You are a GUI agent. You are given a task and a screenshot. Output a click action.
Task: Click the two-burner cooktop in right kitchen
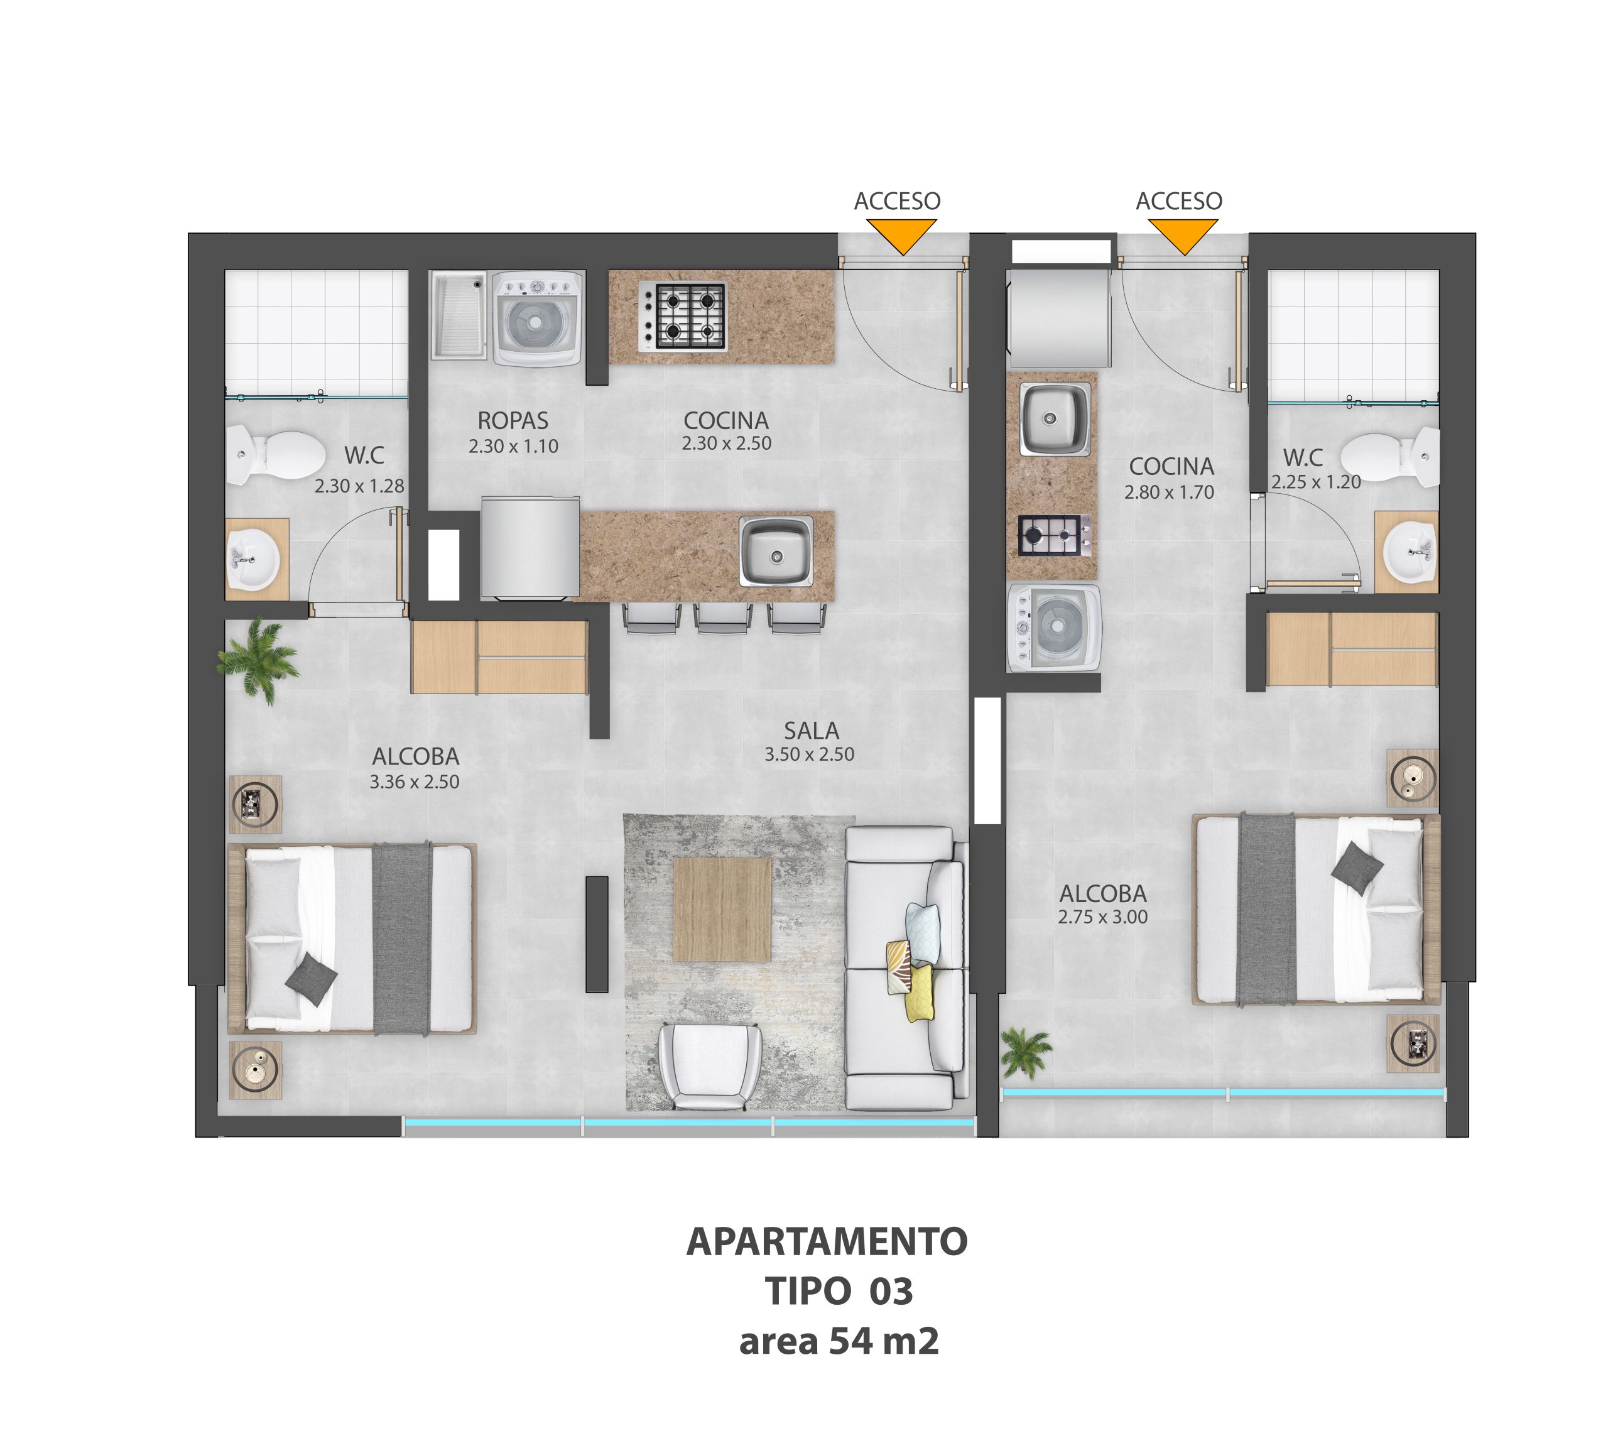pyautogui.click(x=1054, y=535)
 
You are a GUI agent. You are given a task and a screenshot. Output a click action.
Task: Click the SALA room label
pyautogui.click(x=811, y=730)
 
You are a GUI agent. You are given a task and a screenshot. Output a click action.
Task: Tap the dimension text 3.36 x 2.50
pyautogui.click(x=415, y=781)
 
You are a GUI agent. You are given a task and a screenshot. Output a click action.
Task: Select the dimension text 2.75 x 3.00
pyautogui.click(x=1103, y=917)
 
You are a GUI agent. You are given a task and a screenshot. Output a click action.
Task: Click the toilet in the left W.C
pyautogui.click(x=275, y=456)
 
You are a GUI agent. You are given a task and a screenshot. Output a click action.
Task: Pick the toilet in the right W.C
pyautogui.click(x=1390, y=457)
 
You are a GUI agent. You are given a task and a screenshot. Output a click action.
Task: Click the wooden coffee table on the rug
pyautogui.click(x=722, y=910)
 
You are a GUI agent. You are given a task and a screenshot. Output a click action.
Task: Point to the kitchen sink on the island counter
pyautogui.click(x=776, y=551)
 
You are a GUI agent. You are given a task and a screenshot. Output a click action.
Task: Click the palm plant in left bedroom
pyautogui.click(x=259, y=660)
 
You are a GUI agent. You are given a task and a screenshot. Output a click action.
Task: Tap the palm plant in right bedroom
pyautogui.click(x=1026, y=1052)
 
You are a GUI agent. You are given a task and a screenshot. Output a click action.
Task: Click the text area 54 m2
pyautogui.click(x=839, y=1341)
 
